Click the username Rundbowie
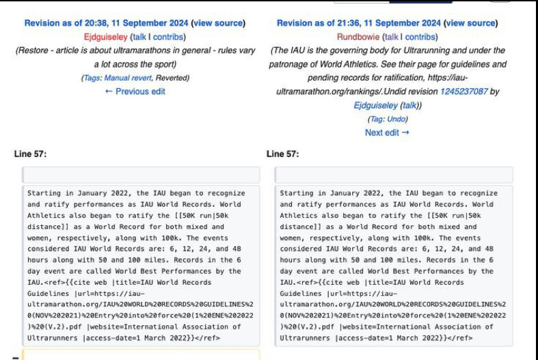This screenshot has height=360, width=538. point(358,37)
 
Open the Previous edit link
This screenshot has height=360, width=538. point(135,92)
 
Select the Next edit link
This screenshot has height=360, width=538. point(387,133)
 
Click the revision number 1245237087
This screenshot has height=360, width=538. point(464,92)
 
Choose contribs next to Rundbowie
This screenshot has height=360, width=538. point(420,37)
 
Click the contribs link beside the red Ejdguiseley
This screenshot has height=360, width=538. point(168,37)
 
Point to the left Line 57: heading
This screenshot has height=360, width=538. point(30,154)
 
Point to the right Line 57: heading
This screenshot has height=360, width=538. point(282,154)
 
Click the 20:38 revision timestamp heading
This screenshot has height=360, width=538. point(106,23)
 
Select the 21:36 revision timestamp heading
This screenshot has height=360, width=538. point(359,23)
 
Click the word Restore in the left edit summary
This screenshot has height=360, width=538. point(33,51)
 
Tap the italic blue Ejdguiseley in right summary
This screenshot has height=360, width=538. point(375,105)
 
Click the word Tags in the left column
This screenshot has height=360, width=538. point(92,78)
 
